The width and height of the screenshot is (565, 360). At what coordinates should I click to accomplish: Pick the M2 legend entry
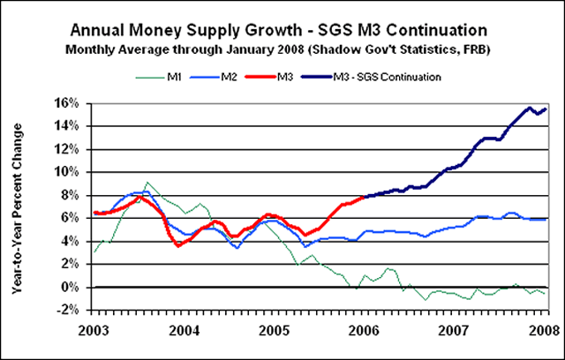pos(252,77)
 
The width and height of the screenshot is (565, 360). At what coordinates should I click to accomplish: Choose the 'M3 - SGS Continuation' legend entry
pos(402,77)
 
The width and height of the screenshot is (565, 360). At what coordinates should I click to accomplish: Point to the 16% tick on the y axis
pos(72,102)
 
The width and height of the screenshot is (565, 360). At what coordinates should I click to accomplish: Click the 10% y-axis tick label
pos(72,172)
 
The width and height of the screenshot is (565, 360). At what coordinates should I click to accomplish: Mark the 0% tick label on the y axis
pos(75,287)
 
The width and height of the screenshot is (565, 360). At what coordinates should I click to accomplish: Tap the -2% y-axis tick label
pos(72,310)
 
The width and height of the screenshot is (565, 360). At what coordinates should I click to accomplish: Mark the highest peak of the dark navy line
pos(529,108)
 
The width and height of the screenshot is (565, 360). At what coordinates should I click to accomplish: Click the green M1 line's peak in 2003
pos(148,183)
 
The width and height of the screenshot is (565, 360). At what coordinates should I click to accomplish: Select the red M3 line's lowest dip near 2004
pos(178,245)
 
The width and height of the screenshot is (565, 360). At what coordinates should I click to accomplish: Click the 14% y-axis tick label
pos(72,125)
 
